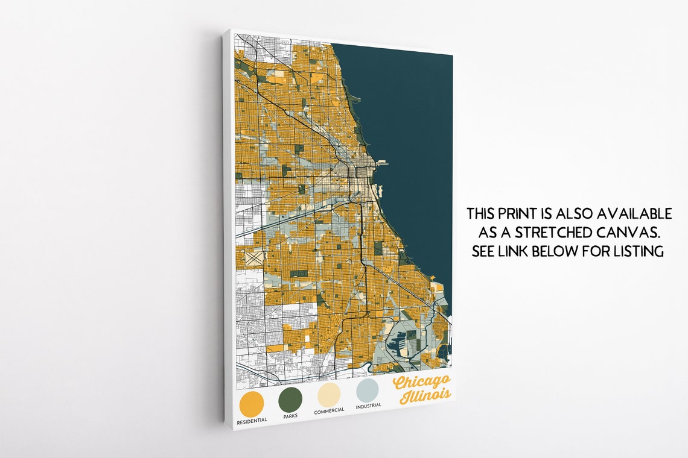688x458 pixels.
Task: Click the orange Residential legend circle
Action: [x=251, y=403]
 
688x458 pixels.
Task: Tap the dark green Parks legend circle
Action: [x=290, y=399]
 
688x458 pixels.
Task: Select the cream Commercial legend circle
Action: [x=329, y=395]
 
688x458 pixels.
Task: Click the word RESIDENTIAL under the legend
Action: [x=252, y=420]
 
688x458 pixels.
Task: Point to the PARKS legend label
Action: [x=290, y=415]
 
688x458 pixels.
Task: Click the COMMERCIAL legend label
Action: [x=329, y=410]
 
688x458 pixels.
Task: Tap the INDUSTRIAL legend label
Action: [x=368, y=406]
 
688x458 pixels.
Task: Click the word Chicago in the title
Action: [x=421, y=381]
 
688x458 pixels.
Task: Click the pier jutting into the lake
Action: [x=381, y=163]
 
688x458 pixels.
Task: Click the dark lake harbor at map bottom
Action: [x=398, y=346]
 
